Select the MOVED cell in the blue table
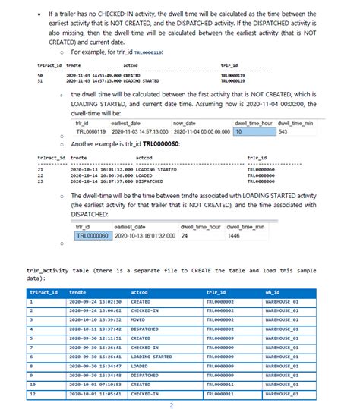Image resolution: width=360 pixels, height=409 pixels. (x=142, y=320)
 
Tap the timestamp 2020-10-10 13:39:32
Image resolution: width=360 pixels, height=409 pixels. (x=89, y=320)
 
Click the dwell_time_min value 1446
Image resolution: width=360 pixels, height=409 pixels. (x=235, y=235)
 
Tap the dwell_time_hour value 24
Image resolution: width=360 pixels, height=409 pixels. (x=185, y=235)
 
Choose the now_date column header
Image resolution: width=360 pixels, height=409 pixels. (x=185, y=123)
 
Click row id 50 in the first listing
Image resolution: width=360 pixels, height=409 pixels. (x=39, y=76)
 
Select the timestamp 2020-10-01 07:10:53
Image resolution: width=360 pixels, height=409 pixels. (x=89, y=385)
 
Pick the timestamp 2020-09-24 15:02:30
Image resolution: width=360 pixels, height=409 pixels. (x=89, y=301)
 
